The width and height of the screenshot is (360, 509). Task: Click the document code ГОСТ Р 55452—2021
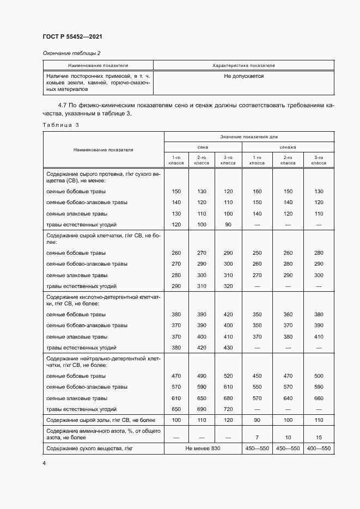click(72, 36)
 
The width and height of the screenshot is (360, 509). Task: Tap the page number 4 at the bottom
click(44, 462)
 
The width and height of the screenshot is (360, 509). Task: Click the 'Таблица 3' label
click(60, 125)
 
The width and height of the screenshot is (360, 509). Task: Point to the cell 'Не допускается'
click(243, 76)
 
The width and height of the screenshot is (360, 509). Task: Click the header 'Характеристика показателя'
click(243, 65)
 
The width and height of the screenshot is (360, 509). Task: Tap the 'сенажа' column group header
click(288, 147)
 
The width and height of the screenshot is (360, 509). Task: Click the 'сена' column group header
click(202, 147)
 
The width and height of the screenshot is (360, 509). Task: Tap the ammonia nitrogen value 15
click(319, 437)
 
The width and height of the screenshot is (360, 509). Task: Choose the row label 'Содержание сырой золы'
click(101, 420)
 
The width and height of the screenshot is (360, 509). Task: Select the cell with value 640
click(288, 398)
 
